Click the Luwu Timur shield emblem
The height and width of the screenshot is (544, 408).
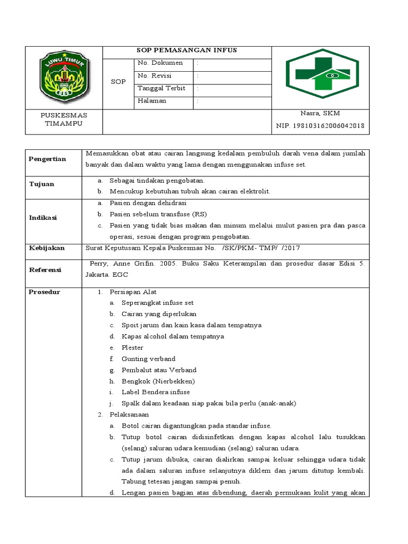(x=64, y=78)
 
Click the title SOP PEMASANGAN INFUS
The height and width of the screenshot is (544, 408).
(x=187, y=50)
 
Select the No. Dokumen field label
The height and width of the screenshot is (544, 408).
(x=160, y=63)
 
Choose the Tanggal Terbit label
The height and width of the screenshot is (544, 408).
(x=161, y=88)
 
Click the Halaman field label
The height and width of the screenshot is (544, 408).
(x=152, y=101)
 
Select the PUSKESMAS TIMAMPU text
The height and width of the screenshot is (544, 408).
(x=64, y=120)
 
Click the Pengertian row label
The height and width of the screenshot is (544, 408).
(x=47, y=159)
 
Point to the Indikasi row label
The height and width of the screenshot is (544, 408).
(x=42, y=218)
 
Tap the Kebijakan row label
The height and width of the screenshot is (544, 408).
(x=47, y=248)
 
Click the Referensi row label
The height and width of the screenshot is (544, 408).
(x=45, y=270)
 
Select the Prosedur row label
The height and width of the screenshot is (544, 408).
(x=44, y=292)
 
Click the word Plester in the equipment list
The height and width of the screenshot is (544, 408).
(x=132, y=348)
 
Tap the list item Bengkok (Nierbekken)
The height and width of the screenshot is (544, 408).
(x=158, y=381)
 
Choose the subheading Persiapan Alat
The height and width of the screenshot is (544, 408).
(x=133, y=292)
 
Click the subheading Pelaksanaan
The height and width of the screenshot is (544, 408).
(x=129, y=414)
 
